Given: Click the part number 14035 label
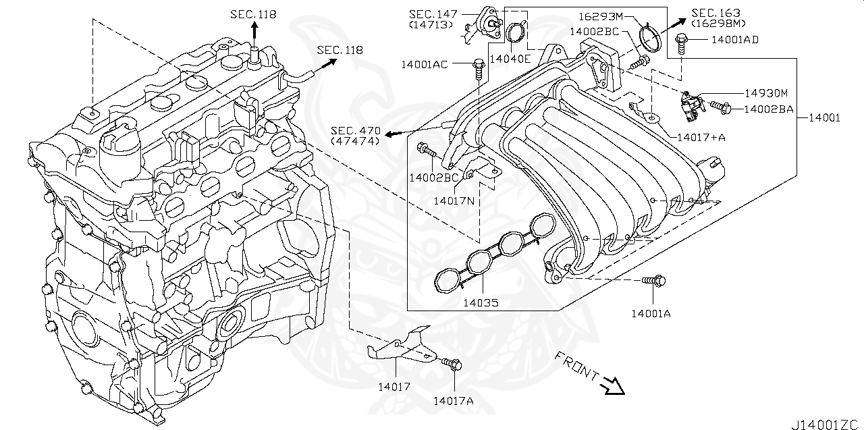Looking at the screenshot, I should (481, 303).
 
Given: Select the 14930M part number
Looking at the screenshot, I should (767, 92).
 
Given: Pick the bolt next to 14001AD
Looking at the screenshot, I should (682, 41).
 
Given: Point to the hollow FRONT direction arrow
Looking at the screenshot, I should (613, 385).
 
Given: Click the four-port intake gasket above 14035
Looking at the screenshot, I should (493, 253).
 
